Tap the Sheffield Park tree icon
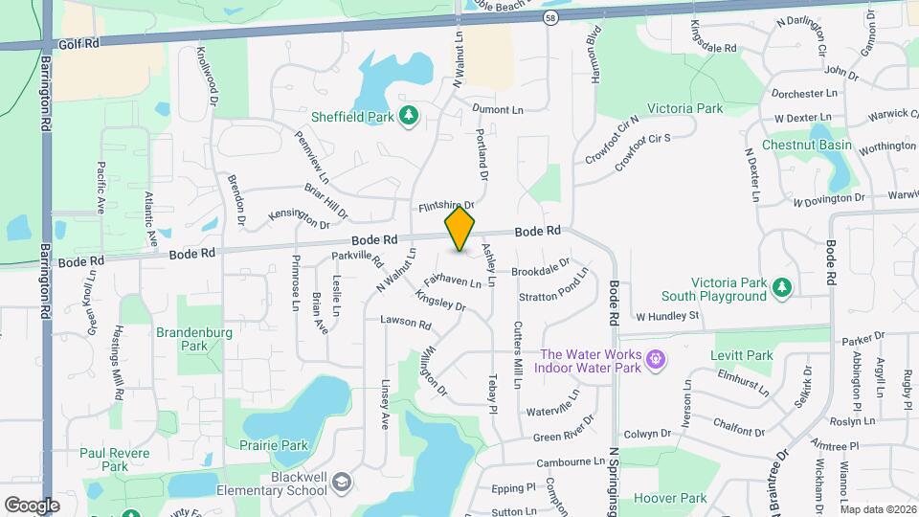coord(410,116)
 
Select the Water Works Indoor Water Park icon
coord(655,360)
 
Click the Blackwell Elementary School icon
coord(342,483)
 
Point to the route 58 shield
coord(549,18)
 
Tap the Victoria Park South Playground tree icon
coord(782,287)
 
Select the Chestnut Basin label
coord(806,145)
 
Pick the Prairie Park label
coord(275,445)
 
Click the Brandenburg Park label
coord(181,339)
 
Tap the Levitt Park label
coord(741,355)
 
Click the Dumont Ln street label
coord(498,110)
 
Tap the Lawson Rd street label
coord(405,322)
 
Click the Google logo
coord(32,505)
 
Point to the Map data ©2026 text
coord(878,509)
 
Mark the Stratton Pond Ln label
coord(554,291)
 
